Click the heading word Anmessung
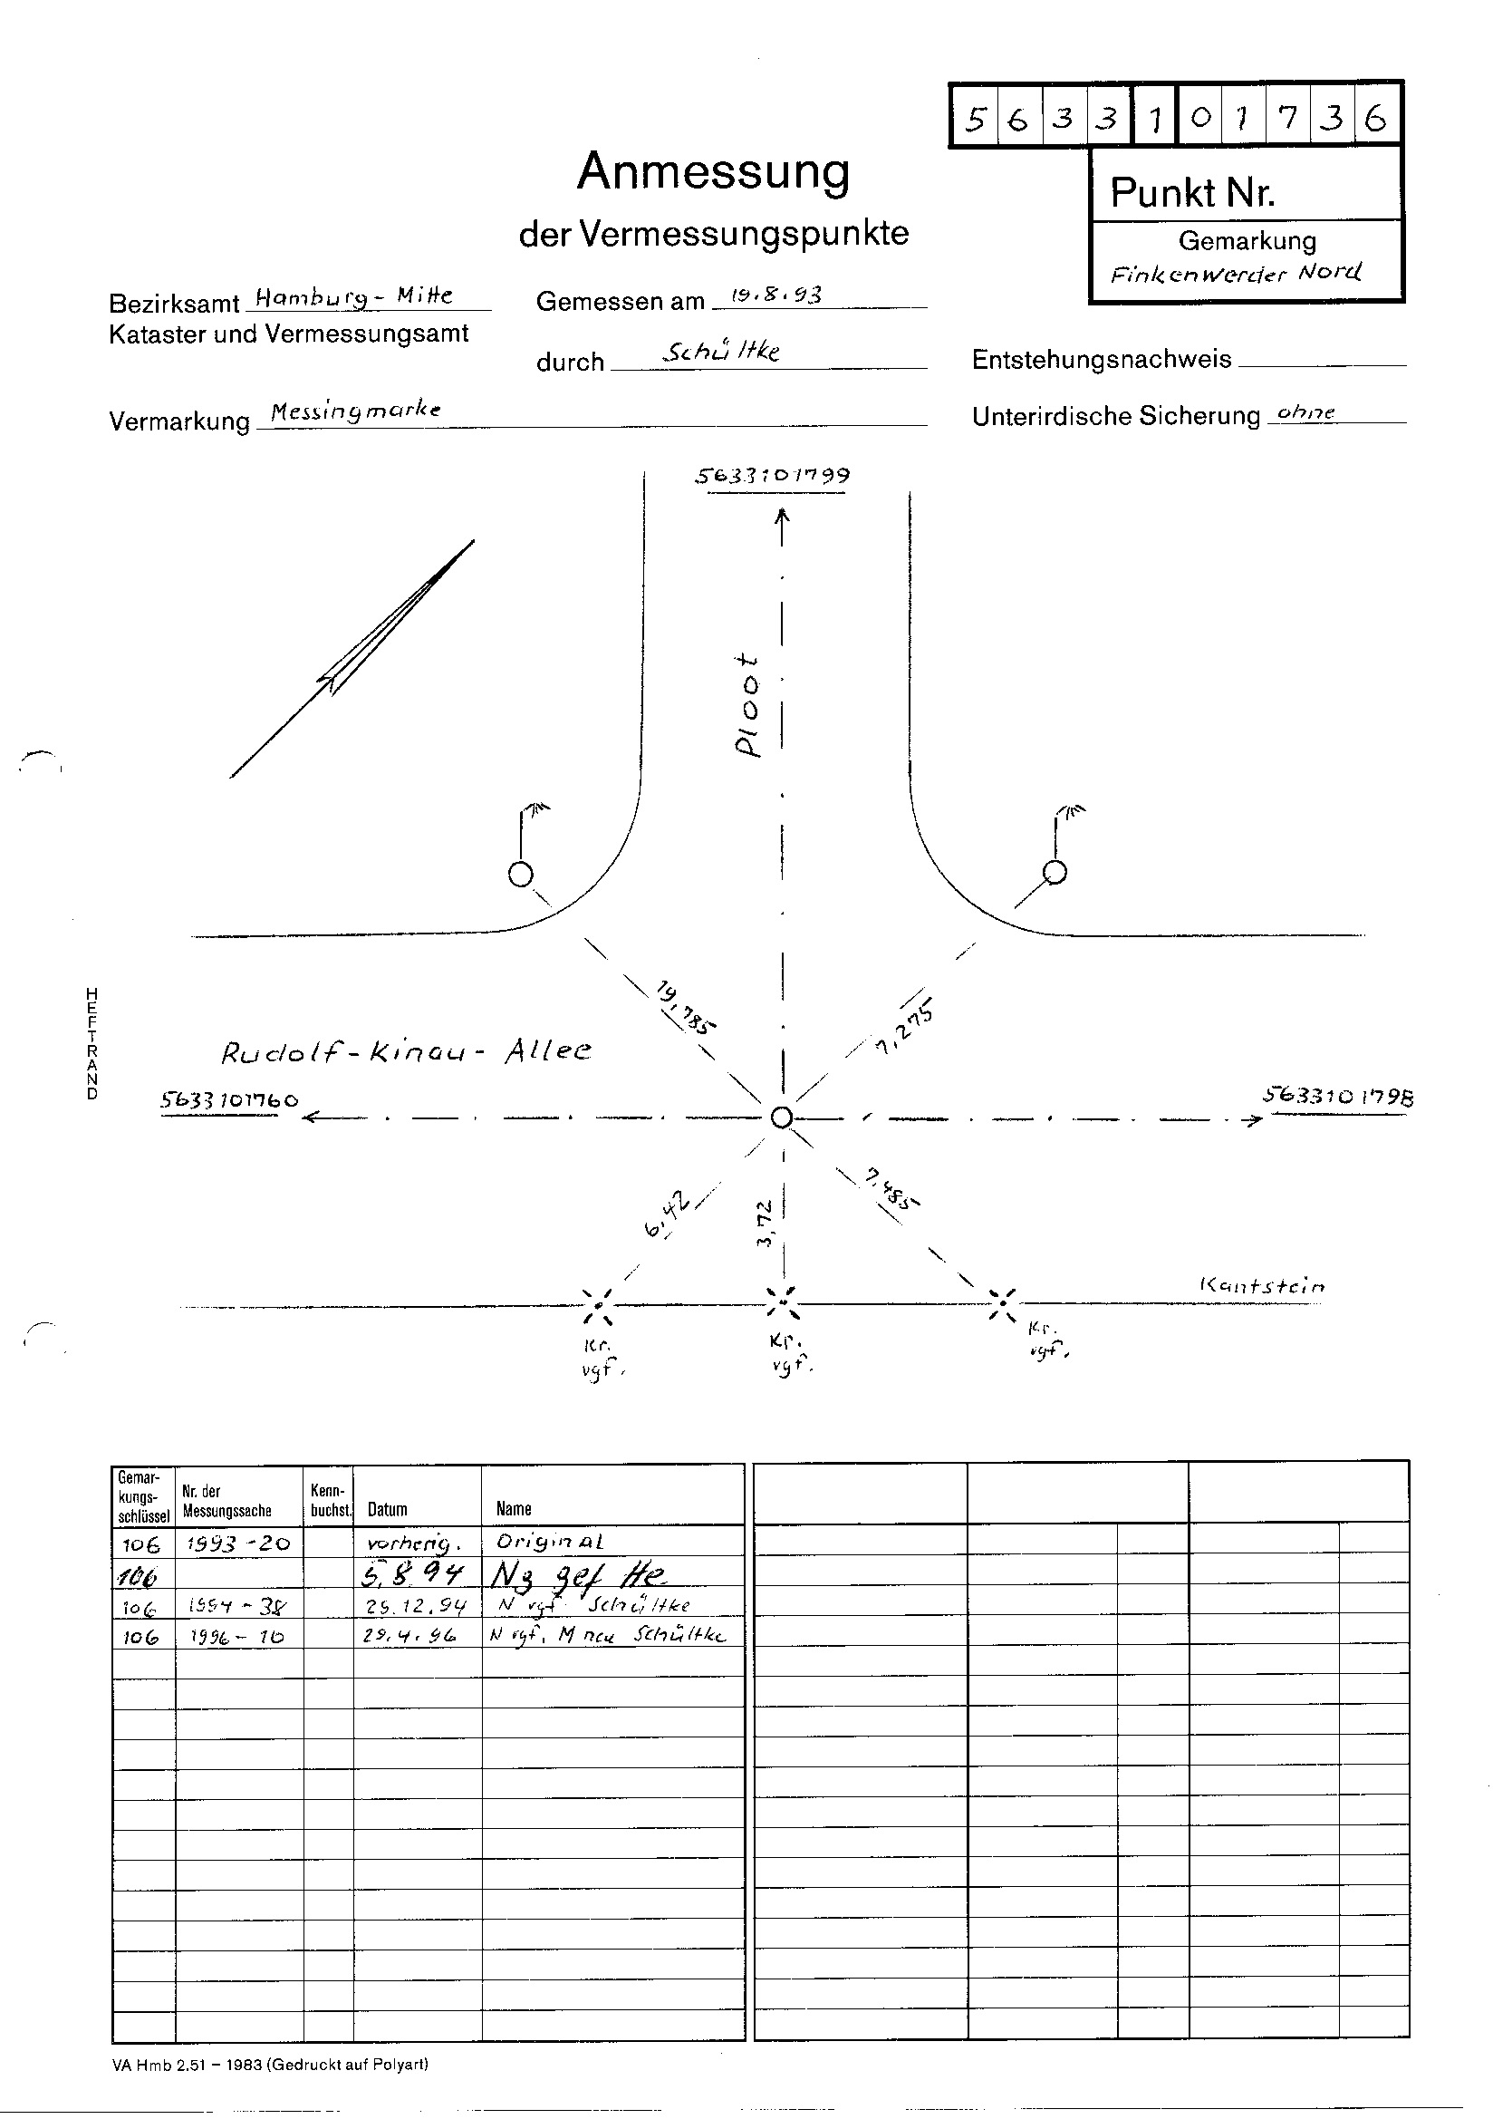tap(713, 171)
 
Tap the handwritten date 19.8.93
tap(775, 295)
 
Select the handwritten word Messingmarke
tap(355, 411)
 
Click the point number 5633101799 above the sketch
tap(772, 476)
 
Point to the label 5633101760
tap(230, 1100)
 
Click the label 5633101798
tap(1337, 1097)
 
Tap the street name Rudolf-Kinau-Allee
tap(406, 1052)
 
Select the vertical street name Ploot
tap(748, 706)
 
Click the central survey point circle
tap(782, 1118)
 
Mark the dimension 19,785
tap(686, 1008)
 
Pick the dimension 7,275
tap(905, 1026)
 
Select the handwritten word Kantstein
tap(1261, 1285)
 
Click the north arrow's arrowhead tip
tap(474, 541)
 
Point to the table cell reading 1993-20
tap(239, 1543)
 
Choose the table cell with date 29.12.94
tap(416, 1606)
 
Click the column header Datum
tap(388, 1510)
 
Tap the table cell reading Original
tap(550, 1542)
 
